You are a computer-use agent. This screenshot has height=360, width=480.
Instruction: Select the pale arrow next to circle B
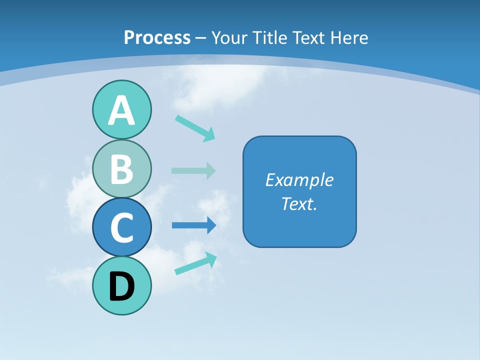point(193,170)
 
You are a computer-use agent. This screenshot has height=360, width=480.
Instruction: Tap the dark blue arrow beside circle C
point(194,225)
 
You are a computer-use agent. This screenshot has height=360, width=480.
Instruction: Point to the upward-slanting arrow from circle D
point(196,263)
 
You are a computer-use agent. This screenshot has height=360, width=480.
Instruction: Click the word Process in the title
point(157,37)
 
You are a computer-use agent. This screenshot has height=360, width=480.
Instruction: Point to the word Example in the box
point(299,180)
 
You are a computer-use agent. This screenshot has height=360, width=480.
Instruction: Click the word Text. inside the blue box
point(299,204)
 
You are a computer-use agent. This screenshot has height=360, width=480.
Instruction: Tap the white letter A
point(121,111)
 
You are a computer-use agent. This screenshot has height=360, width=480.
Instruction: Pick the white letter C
point(121,228)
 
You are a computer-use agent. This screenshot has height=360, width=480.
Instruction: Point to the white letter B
point(121,169)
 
